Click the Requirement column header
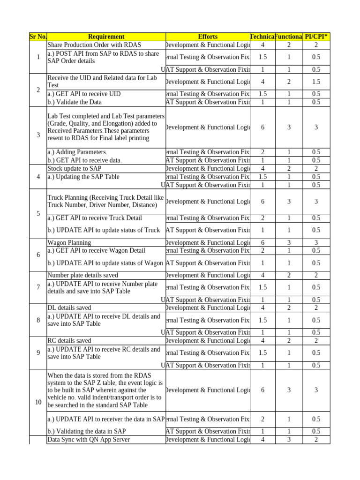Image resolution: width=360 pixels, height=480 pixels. (106, 37)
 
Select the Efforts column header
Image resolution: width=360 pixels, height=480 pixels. (208, 37)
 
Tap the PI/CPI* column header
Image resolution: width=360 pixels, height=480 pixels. (316, 37)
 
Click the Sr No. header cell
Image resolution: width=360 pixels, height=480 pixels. (38, 37)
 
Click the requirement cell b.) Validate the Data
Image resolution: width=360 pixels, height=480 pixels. (75, 102)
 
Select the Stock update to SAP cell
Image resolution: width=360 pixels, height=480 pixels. (75, 168)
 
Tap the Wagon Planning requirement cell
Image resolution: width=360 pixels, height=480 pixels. (69, 243)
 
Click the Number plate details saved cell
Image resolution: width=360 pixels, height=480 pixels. (83, 275)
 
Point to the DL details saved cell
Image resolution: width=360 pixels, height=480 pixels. (69, 307)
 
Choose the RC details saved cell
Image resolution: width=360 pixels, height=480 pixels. (69, 340)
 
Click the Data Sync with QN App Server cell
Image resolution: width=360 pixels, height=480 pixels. (89, 439)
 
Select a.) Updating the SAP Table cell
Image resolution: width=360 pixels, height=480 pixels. (83, 177)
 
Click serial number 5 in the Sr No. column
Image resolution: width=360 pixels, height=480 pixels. (38, 214)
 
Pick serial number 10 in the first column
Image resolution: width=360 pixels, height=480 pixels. (38, 402)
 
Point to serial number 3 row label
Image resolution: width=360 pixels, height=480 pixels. (38, 135)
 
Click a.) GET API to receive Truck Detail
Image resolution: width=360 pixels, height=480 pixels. (95, 218)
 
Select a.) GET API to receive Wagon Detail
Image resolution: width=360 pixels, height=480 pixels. (97, 251)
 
